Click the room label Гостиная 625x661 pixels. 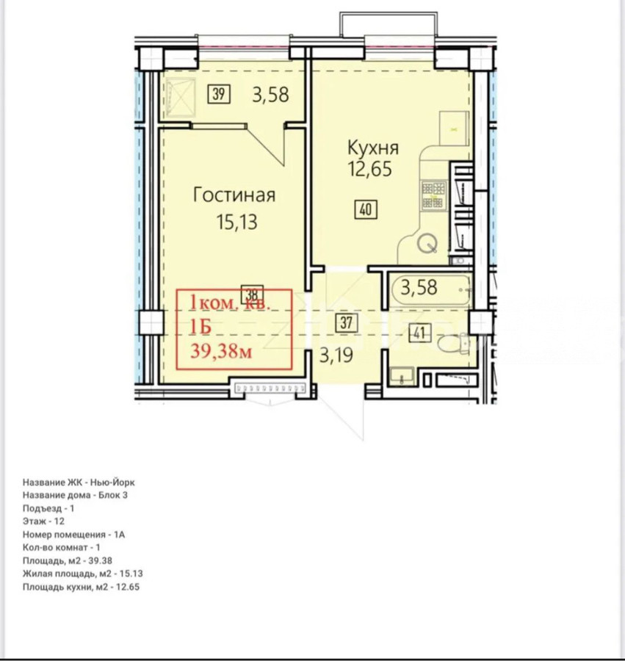(x=234, y=195)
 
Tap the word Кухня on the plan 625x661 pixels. (x=373, y=148)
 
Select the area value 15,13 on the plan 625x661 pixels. (x=236, y=222)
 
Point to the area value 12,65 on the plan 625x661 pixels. (x=370, y=169)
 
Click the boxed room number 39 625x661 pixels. (x=219, y=93)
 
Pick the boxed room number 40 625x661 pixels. (x=366, y=209)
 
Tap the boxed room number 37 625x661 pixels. (x=347, y=322)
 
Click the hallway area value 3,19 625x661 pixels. (x=336, y=355)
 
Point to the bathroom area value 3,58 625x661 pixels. (x=419, y=287)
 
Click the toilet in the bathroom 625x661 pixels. (x=453, y=343)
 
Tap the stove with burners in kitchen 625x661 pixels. (x=434, y=195)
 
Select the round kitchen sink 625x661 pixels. (x=427, y=243)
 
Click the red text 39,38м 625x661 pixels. (x=221, y=351)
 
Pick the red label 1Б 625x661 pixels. (x=200, y=327)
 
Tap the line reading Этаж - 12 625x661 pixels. (x=44, y=521)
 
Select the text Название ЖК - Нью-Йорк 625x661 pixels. (x=79, y=483)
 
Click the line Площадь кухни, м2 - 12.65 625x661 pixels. (x=81, y=587)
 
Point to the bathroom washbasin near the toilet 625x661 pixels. (x=402, y=377)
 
